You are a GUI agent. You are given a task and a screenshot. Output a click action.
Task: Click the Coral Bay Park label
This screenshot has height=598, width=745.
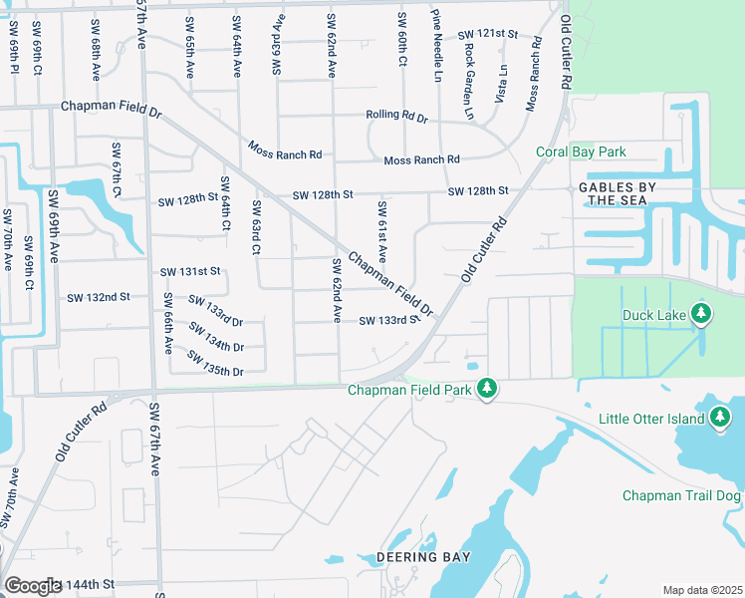(581, 152)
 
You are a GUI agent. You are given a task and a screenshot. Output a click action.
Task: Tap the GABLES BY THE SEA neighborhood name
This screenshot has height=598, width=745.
(611, 193)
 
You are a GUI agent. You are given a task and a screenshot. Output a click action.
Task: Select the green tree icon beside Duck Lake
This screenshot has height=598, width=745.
(702, 315)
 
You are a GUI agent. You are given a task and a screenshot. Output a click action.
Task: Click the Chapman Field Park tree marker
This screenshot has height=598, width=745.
(487, 389)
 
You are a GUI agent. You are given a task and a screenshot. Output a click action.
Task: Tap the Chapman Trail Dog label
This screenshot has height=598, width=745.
(682, 495)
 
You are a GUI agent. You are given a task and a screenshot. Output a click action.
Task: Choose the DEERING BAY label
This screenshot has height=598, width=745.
(422, 556)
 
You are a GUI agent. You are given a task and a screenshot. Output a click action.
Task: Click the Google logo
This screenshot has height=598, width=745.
(32, 585)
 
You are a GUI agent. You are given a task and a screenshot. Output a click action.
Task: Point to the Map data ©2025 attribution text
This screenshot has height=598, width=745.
(701, 590)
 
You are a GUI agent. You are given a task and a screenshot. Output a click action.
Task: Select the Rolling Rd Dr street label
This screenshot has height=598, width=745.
(395, 118)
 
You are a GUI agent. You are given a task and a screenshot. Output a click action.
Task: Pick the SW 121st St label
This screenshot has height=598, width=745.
(488, 34)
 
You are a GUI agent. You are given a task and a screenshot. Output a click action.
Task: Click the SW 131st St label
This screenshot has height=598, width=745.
(189, 271)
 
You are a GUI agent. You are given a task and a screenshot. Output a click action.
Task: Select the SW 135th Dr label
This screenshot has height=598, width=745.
(216, 371)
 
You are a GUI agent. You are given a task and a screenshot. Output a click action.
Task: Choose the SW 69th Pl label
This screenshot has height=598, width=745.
(15, 60)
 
